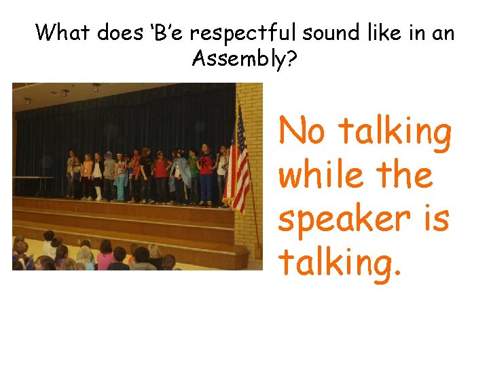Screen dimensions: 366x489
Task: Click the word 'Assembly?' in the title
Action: click(x=244, y=59)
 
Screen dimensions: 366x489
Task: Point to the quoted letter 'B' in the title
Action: click(x=161, y=32)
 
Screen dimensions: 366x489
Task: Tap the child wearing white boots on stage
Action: click(x=99, y=178)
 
